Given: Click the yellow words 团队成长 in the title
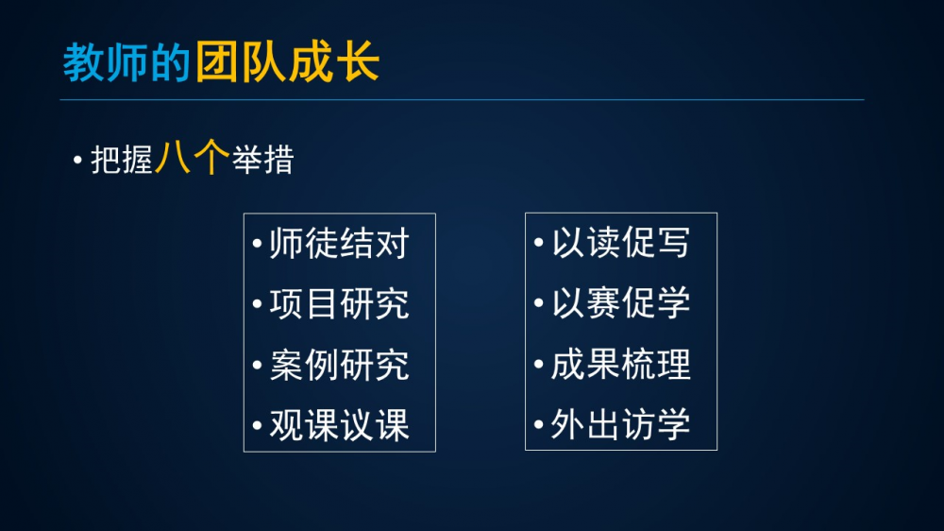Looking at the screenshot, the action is (287, 62).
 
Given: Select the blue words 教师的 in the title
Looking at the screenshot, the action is (126, 62).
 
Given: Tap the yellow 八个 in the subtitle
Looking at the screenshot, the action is (192, 158).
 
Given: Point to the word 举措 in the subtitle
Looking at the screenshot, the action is (263, 160).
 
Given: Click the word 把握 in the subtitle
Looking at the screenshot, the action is (122, 161).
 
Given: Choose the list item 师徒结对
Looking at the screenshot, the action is (340, 244).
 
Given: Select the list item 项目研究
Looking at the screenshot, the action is (340, 303).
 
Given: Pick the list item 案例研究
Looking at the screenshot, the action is (340, 365).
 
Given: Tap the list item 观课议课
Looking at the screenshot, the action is (340, 425).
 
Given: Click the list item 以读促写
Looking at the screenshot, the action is (621, 242).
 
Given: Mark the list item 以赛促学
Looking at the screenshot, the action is (621, 302).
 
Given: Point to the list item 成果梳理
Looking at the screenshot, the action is (621, 364).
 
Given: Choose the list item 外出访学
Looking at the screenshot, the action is (621, 424).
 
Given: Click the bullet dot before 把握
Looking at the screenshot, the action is (77, 161).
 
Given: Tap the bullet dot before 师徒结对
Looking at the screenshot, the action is (257, 244).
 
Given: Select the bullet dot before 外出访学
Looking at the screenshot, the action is (539, 424).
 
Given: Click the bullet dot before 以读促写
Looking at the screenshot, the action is (539, 242).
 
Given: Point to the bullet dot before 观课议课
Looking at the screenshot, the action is (257, 425).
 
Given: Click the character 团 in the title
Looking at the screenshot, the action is (215, 62).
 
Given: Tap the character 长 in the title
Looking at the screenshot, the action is (358, 62).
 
